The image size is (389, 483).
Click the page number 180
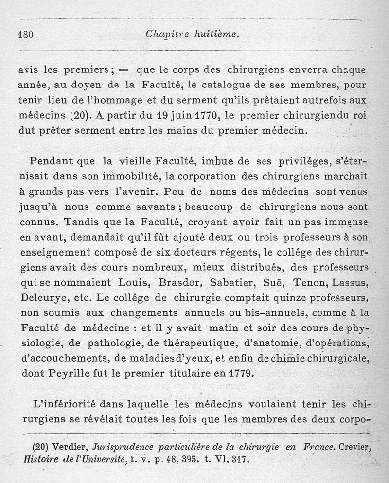24,34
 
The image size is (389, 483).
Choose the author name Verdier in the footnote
72,447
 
